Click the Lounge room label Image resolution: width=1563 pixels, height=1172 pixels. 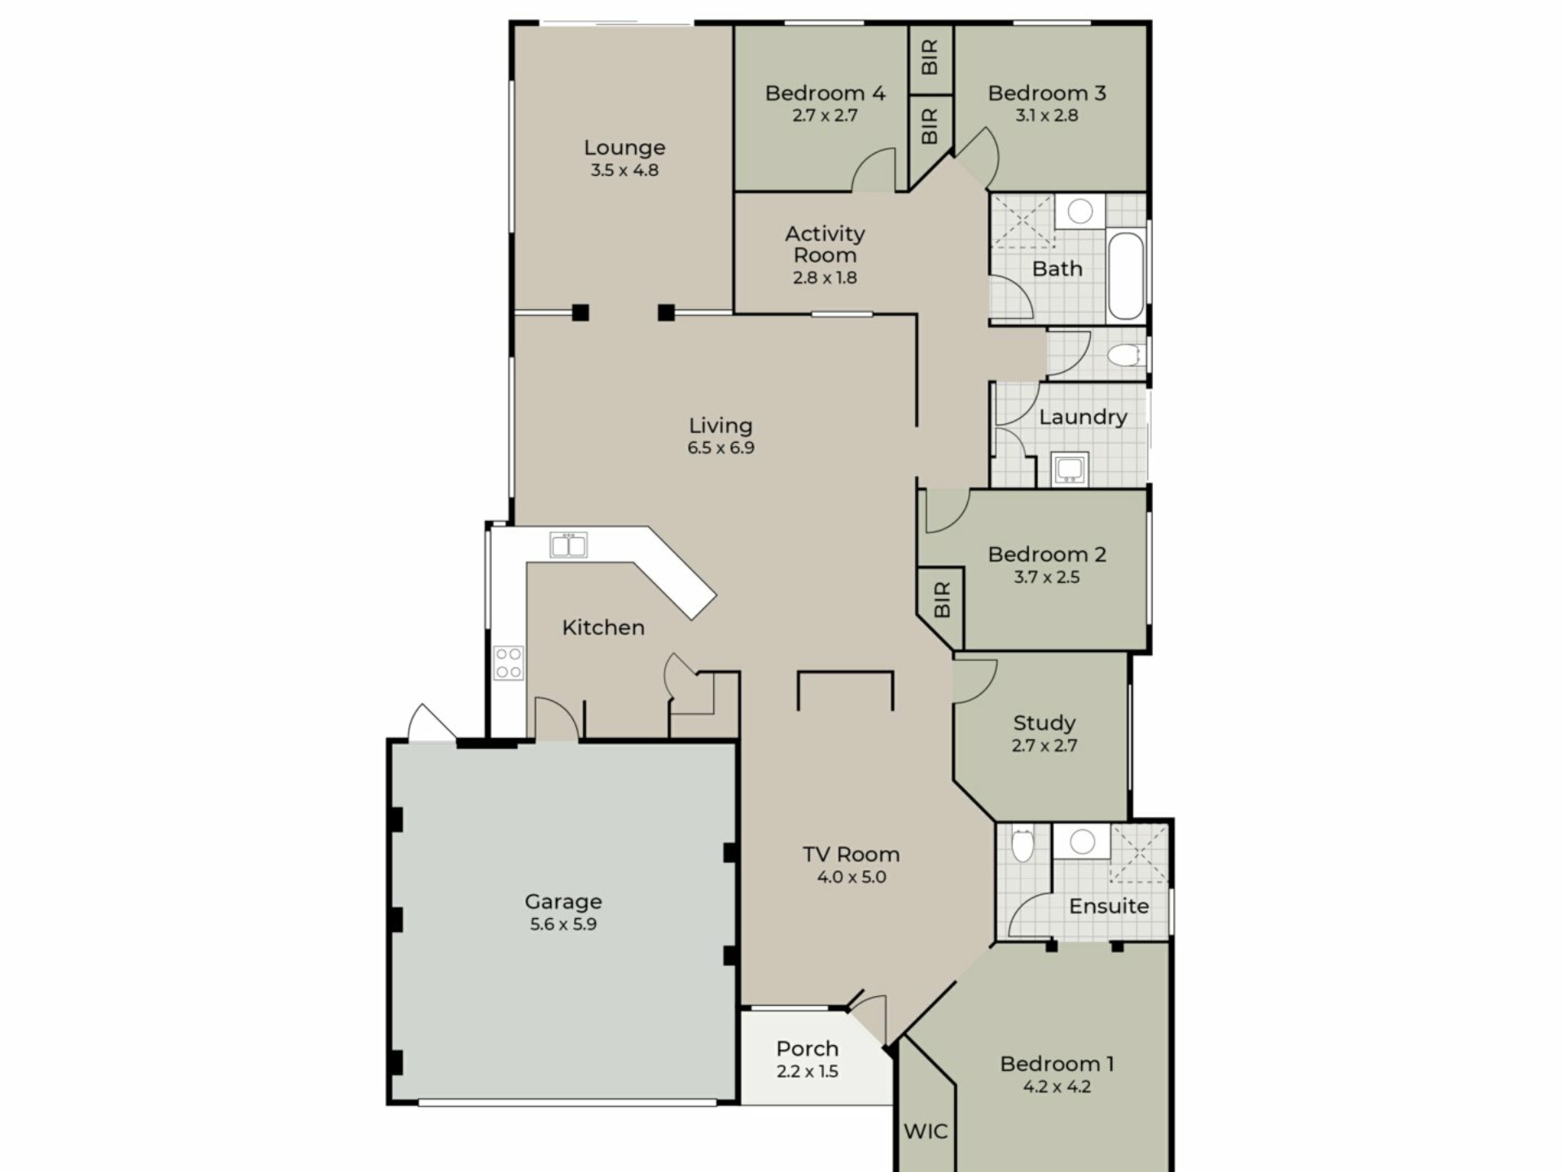tap(624, 148)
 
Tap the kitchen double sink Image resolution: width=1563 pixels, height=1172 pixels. tap(568, 545)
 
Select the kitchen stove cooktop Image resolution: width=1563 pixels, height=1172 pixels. tap(509, 663)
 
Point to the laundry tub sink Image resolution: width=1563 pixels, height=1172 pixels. tap(1070, 469)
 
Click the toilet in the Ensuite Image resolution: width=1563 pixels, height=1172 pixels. tap(1022, 845)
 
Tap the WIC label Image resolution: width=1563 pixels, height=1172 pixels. tap(926, 1131)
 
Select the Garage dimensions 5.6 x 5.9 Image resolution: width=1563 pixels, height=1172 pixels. tap(563, 925)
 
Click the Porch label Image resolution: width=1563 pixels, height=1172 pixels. tap(807, 1048)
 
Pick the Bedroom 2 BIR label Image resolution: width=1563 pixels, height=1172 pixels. tap(942, 600)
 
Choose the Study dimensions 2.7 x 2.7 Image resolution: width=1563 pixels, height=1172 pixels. tap(1044, 746)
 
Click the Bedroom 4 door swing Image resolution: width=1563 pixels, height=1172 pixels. tap(873, 170)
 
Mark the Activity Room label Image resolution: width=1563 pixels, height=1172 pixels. tap(825, 244)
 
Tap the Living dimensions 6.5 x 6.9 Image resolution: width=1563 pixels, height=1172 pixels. tap(720, 448)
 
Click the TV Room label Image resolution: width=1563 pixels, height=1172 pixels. tap(852, 855)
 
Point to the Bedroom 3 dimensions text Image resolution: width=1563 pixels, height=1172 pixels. tap(1047, 116)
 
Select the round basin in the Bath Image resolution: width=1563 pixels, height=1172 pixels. tap(1080, 212)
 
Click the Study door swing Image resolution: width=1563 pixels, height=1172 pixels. tap(975, 681)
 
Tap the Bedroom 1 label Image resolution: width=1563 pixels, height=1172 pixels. tap(1057, 1064)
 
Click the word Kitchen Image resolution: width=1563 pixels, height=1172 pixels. tap(603, 628)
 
